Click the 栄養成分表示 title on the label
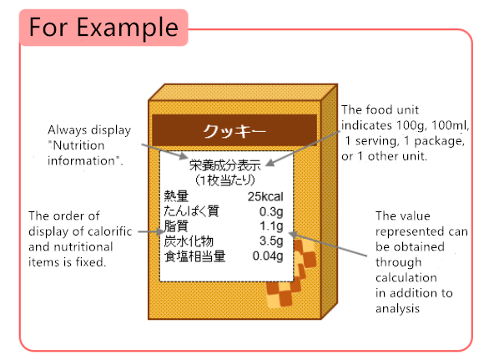click(225, 165)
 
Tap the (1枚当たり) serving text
click(224, 180)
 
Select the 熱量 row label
click(177, 196)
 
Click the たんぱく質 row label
click(191, 211)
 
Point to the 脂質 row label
click(177, 226)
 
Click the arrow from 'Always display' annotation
click(164, 150)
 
